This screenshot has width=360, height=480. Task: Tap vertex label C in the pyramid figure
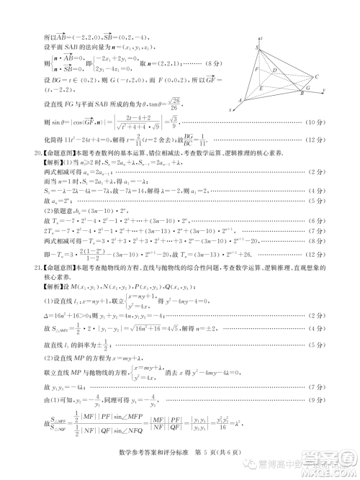316,76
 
